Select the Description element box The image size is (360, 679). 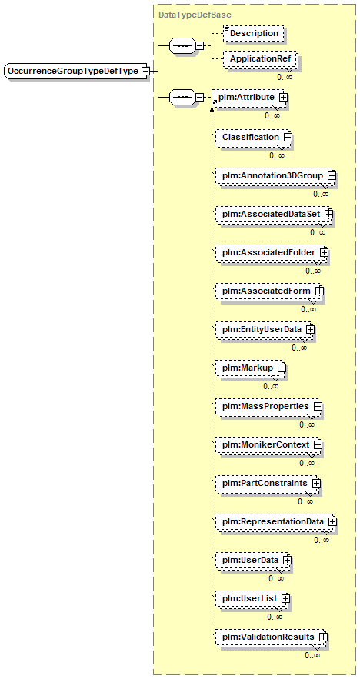tap(253, 33)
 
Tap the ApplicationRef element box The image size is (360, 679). tap(260, 59)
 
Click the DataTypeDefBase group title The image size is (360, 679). tap(195, 15)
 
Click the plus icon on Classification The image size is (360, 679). tap(287, 137)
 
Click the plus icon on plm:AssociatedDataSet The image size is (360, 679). tap(328, 214)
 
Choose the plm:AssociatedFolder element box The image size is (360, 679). tap(272, 252)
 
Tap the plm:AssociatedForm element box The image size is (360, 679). tap(269, 291)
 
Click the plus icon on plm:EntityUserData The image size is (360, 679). tap(309, 329)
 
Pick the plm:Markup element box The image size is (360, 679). tap(251, 368)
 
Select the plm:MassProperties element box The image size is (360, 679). tap(268, 407)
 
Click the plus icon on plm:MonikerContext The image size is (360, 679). tap(318, 444)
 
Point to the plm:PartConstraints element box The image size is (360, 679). tap(268, 483)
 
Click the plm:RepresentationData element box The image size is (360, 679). tap(276, 522)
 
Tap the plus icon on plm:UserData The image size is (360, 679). tap(286, 560)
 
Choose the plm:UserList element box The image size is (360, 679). tap(252, 599)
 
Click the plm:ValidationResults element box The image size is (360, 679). tap(272, 637)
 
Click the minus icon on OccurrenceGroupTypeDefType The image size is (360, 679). tap(145, 71)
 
